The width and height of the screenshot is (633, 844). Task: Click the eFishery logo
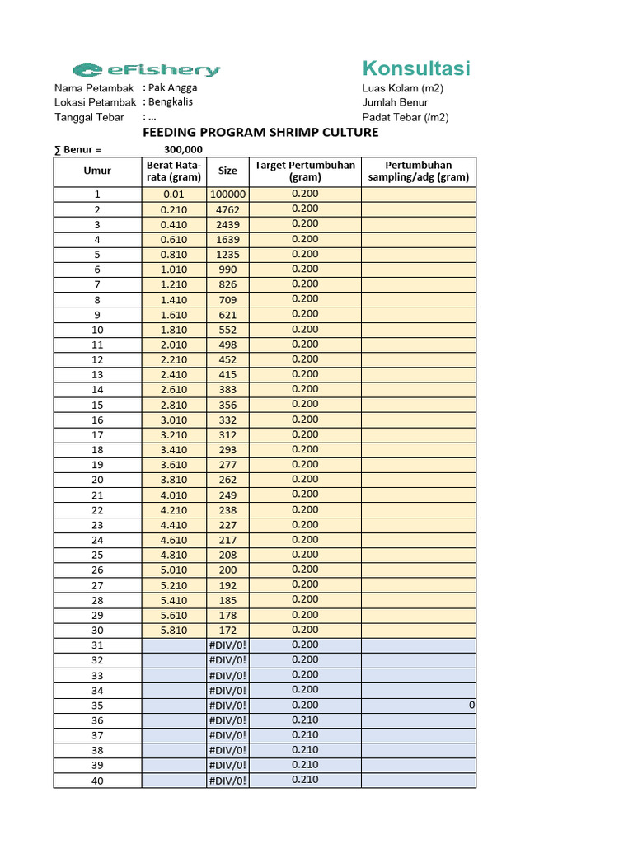[x=146, y=70]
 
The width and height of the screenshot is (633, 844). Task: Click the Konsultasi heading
[x=416, y=68]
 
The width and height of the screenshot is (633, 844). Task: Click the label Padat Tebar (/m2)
[x=406, y=117]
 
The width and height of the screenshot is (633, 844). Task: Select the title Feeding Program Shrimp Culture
[x=260, y=133]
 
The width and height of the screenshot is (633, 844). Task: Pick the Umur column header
[x=97, y=171]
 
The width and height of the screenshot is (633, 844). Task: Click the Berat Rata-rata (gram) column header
[x=174, y=171]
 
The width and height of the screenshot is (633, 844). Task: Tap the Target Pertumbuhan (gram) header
[x=304, y=171]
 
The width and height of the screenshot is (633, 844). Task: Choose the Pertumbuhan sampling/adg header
[x=418, y=171]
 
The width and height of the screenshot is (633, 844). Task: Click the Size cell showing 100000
[x=227, y=195]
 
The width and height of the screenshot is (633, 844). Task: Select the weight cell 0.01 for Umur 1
[x=174, y=195]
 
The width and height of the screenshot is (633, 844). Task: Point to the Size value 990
[x=227, y=270]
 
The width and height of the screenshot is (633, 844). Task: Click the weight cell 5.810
[x=174, y=631]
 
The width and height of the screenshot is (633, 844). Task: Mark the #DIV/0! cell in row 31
[x=227, y=645]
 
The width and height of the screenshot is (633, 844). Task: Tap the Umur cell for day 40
[x=97, y=781]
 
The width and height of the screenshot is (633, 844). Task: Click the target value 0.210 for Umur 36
[x=304, y=720]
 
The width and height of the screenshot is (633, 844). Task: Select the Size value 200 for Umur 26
[x=227, y=570]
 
